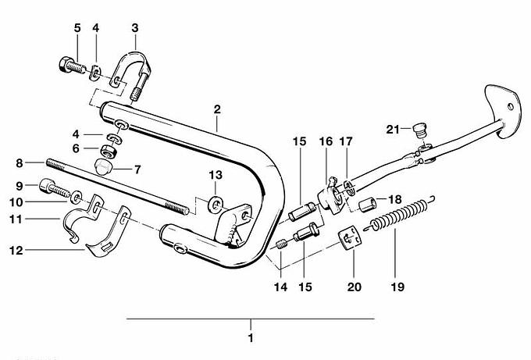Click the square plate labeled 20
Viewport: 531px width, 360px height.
click(x=349, y=238)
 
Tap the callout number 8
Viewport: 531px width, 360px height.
click(x=20, y=163)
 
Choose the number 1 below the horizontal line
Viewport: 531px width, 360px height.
click(x=251, y=339)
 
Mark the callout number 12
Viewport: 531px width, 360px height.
click(x=19, y=251)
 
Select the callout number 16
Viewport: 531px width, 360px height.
click(x=325, y=141)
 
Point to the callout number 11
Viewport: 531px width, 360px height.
click(x=19, y=220)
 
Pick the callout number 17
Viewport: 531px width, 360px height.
click(x=345, y=141)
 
